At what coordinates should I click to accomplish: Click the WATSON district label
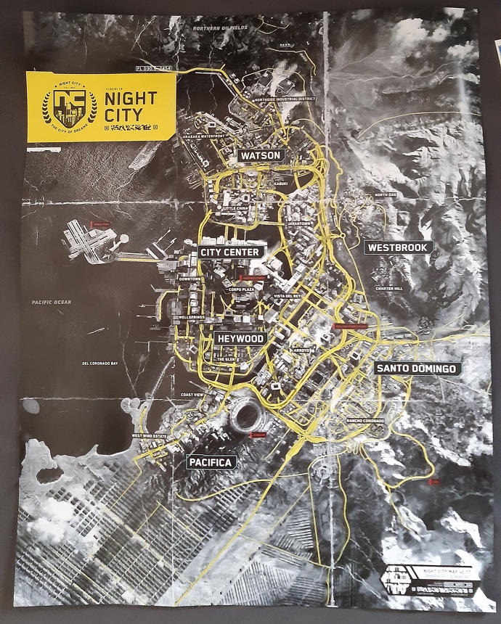261,155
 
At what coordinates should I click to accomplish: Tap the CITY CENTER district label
232,251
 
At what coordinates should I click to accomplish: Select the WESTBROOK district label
399,247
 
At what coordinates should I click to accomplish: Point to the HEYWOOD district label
239,338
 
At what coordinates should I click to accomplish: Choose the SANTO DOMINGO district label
417,369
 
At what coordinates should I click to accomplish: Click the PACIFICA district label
210,461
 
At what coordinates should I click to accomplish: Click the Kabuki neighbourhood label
282,183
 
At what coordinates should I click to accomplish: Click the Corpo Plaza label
241,290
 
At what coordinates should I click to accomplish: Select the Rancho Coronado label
364,421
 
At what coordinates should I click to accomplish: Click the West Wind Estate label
150,435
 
